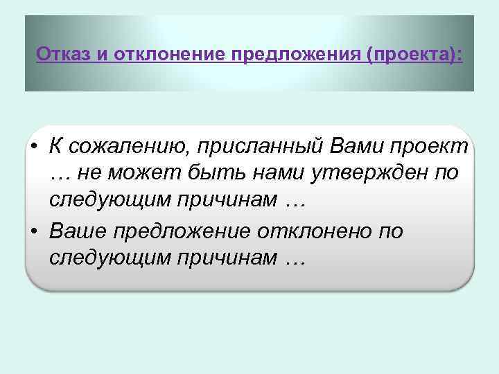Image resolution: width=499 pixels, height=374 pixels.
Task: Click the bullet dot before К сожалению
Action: click(33, 147)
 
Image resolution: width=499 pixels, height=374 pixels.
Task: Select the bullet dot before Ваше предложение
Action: click(33, 231)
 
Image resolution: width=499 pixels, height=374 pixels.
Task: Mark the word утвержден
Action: click(369, 174)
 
